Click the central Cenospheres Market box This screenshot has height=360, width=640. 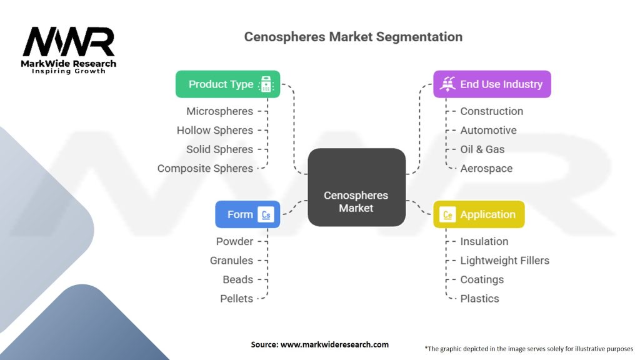[356, 187]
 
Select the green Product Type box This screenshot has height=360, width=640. [227, 84]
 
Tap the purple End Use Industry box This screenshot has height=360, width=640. [492, 84]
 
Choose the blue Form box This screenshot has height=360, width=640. [247, 214]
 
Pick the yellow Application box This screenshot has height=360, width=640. [479, 214]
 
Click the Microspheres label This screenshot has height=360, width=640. [219, 111]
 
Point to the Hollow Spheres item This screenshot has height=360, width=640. [214, 130]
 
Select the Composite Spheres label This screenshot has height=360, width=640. [205, 168]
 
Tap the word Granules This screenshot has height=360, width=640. [231, 260]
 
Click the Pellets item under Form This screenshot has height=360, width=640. [236, 298]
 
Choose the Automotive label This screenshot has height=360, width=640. [488, 130]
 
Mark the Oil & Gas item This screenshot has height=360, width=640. [482, 149]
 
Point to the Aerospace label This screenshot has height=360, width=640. [486, 168]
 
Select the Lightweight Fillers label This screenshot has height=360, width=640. [504, 260]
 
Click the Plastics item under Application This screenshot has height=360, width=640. [479, 298]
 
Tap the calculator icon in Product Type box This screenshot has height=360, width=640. [266, 84]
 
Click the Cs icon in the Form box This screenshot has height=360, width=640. [267, 215]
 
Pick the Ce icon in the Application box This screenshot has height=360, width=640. [447, 215]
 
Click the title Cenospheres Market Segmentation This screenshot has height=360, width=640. [353, 37]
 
